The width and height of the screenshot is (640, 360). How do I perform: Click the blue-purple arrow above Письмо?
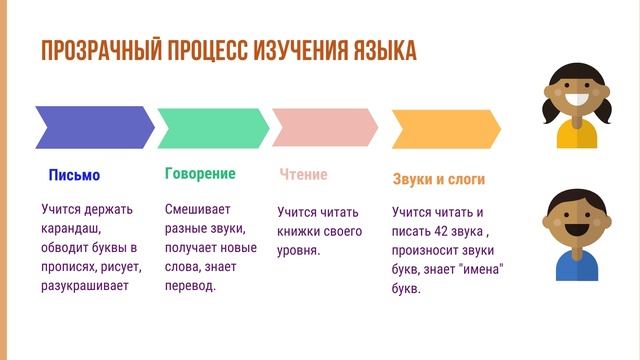point(92,126)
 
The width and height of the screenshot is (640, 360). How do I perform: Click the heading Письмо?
point(74,175)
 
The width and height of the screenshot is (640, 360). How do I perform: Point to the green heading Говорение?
point(200,173)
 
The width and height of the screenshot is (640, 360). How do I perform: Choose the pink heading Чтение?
point(303,175)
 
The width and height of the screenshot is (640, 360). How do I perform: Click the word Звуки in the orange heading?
point(413,180)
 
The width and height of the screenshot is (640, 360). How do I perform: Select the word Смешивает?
point(197,210)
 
